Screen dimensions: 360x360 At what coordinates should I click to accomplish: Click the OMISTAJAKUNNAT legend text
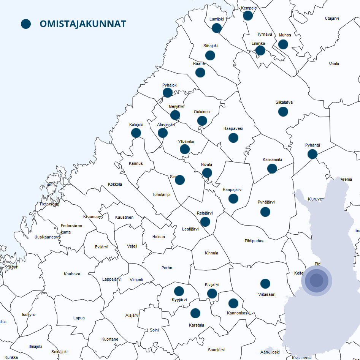click(x=82, y=24)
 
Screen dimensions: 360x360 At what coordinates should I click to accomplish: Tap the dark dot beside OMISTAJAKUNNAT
click(x=26, y=24)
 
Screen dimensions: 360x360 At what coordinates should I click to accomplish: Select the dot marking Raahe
click(x=200, y=73)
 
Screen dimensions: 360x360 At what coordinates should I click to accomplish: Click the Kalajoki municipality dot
click(x=136, y=133)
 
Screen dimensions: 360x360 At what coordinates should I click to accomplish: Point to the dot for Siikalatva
click(x=283, y=112)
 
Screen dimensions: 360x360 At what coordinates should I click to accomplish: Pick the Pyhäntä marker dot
click(x=312, y=154)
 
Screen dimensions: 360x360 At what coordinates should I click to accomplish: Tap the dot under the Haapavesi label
click(x=233, y=138)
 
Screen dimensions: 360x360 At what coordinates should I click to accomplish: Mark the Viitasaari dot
click(x=265, y=284)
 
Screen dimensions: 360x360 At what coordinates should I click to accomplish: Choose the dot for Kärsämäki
click(x=272, y=169)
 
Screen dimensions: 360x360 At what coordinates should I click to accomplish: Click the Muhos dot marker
click(x=283, y=44)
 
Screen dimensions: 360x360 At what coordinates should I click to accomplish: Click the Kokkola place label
click(x=115, y=184)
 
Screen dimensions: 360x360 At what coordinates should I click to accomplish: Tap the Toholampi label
click(x=162, y=194)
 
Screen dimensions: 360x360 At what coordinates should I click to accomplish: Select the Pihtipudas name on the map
click(x=254, y=241)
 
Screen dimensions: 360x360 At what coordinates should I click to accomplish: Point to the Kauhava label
click(x=72, y=274)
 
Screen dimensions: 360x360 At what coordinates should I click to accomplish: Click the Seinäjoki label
click(x=60, y=352)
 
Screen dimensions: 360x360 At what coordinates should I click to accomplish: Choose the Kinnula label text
click(x=211, y=253)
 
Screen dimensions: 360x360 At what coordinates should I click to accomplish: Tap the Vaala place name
click(x=334, y=64)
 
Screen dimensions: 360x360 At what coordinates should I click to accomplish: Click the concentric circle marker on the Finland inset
click(x=317, y=281)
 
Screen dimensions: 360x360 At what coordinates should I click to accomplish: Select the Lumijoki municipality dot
click(x=217, y=28)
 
